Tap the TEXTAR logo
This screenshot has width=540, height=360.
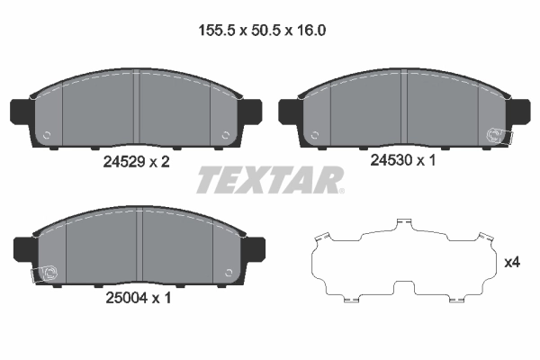[270, 179]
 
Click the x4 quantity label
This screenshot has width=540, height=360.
[512, 263]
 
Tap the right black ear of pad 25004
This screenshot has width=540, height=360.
[256, 248]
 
